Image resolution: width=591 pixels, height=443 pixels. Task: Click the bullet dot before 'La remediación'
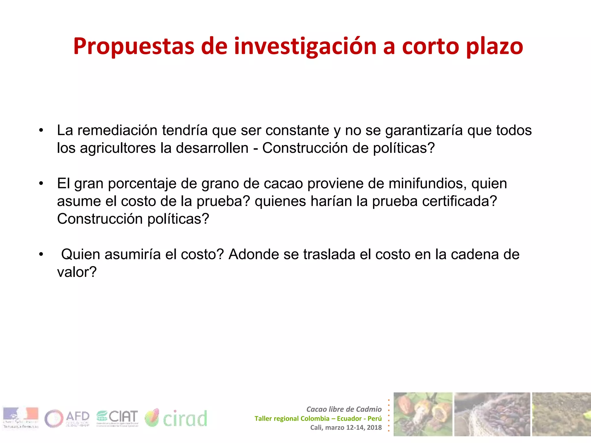(x=41, y=130)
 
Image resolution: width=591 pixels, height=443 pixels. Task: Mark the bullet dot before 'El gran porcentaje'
(x=41, y=183)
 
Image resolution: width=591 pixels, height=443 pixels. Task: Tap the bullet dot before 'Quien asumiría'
(x=41, y=254)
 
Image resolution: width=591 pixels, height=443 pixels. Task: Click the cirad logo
(x=176, y=418)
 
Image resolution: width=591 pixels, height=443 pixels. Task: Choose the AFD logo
(x=67, y=418)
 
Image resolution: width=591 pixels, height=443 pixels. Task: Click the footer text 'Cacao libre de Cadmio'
(x=344, y=409)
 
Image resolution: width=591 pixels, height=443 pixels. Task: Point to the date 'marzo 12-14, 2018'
(x=353, y=427)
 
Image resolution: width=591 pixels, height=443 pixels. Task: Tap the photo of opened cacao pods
(x=423, y=414)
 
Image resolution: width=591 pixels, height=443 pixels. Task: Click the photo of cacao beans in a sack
(x=492, y=414)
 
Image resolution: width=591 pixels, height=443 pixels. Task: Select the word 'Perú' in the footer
(x=374, y=418)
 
